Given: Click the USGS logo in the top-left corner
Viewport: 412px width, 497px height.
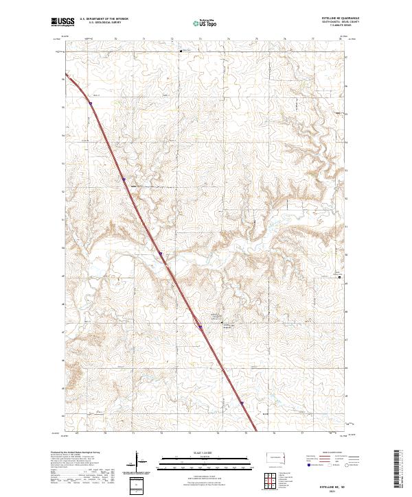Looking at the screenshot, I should click(x=62, y=22).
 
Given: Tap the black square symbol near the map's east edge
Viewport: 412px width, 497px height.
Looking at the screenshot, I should click(x=347, y=277).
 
